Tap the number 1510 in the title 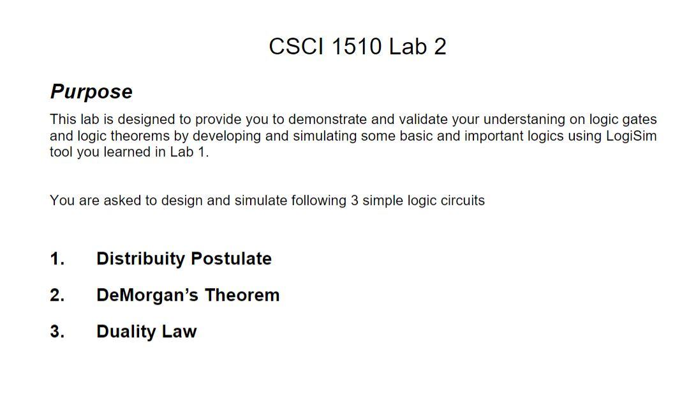point(357,46)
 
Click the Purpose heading point(91,92)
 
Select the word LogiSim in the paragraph point(632,135)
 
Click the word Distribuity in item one point(140,259)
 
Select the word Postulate point(231,259)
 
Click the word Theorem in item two point(242,295)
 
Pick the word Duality point(126,332)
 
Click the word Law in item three point(179,332)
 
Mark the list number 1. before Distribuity point(57,259)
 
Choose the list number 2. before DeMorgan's point(57,295)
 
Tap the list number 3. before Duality point(57,332)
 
